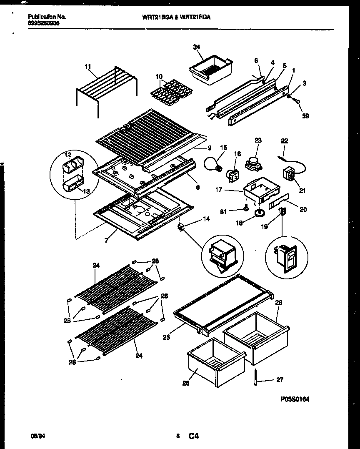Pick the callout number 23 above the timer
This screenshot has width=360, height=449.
point(258,141)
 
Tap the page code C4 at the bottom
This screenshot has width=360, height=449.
point(193,436)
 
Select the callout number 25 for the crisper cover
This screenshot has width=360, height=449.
point(166,337)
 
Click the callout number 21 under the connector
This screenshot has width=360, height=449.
point(302,191)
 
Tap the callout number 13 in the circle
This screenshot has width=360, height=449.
point(87,191)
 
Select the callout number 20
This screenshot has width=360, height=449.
point(303,210)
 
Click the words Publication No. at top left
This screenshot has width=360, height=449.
point(47,17)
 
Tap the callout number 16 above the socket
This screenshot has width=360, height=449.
point(237,154)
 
